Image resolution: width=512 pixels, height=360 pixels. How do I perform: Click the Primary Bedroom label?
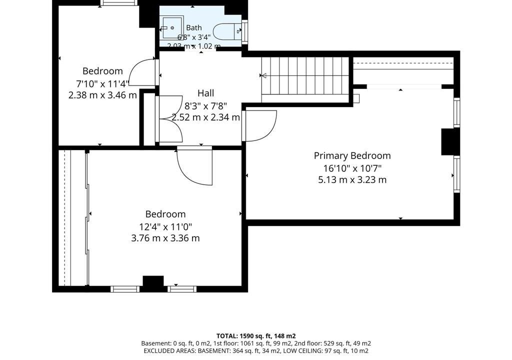tap(352, 156)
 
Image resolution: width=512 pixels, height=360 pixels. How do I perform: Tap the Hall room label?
tap(205, 93)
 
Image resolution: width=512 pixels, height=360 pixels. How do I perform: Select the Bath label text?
tap(194, 28)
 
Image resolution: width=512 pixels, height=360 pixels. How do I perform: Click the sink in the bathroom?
tap(172, 28)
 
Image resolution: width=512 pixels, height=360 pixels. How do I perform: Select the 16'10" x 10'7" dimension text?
tap(352, 168)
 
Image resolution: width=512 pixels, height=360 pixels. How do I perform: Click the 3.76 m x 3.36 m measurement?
tap(165, 238)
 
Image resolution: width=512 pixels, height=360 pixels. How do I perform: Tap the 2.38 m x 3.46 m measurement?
tap(102, 95)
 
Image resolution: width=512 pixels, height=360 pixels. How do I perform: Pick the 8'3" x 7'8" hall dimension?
tap(205, 105)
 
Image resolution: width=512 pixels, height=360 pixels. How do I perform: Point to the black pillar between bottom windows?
tap(153, 283)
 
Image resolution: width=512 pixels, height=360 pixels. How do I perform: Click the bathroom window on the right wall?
tap(244, 31)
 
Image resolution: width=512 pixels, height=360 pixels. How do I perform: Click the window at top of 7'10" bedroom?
tap(119, 3)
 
